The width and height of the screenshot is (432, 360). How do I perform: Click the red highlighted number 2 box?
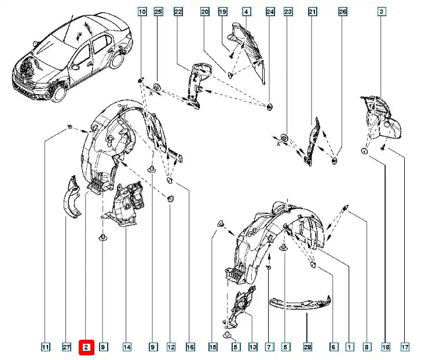pyautogui.click(x=85, y=347)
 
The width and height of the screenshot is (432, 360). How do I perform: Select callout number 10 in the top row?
pyautogui.click(x=142, y=12)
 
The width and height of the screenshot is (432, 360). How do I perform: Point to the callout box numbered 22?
pyautogui.click(x=178, y=12)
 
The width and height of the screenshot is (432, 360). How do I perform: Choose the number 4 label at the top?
pyautogui.click(x=246, y=12)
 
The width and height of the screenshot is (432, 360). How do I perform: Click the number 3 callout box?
pyautogui.click(x=382, y=12)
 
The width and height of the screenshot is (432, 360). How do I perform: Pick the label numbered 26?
pyautogui.click(x=343, y=12)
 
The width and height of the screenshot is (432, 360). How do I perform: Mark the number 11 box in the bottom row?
pyautogui.click(x=45, y=347)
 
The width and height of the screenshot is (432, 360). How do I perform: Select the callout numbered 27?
pyautogui.click(x=66, y=347)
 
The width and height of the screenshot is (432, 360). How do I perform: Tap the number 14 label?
pyautogui.click(x=127, y=347)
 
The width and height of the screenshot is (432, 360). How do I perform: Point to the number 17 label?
pyautogui.click(x=405, y=347)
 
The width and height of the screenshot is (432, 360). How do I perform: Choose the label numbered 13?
pyautogui.click(x=252, y=347)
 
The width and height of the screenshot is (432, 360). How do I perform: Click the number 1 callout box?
pyautogui.click(x=350, y=347)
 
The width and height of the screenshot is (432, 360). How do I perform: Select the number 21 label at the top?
pyautogui.click(x=313, y=12)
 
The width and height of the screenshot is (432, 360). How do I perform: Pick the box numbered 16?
pyautogui.click(x=190, y=347)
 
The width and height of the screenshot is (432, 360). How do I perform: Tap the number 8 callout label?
pyautogui.click(x=367, y=347)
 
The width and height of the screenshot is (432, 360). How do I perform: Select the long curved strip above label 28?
pyautogui.click(x=301, y=304)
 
